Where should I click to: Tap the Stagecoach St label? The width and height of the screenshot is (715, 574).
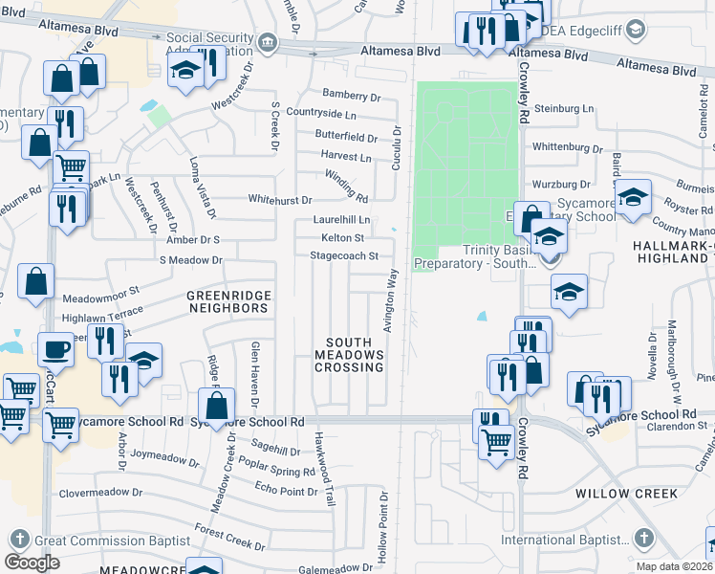[x=344, y=255]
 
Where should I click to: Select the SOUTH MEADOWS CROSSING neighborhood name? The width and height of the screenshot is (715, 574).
[x=355, y=355]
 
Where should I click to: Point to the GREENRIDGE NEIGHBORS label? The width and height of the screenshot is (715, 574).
[x=228, y=302]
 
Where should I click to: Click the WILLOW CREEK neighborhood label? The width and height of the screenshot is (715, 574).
[x=626, y=494]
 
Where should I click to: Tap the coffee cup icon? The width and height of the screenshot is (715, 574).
[x=56, y=350]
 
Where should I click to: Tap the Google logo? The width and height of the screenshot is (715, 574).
[x=32, y=562]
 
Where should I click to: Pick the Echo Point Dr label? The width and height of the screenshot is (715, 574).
[x=286, y=491]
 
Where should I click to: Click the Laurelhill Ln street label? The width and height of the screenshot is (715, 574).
[x=341, y=219]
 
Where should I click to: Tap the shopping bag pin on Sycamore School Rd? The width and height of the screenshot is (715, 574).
[x=217, y=406]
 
